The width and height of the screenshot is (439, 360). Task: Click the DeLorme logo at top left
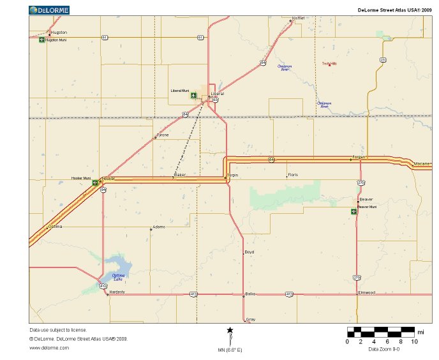point(49,10)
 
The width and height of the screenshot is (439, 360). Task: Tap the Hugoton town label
point(59,32)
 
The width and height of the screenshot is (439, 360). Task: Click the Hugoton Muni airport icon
point(42,40)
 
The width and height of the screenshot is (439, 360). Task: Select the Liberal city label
point(218,94)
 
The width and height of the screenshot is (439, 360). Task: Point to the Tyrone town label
point(163,135)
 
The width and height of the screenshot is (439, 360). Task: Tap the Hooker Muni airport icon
point(96,183)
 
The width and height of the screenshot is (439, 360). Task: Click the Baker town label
point(179,174)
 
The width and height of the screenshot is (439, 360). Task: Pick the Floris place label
point(293,174)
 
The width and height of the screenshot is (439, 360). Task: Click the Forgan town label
point(358,156)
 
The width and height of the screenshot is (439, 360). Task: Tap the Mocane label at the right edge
point(422,164)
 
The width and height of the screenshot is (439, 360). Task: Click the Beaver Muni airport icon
point(354,211)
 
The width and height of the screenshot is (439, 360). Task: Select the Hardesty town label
point(117,292)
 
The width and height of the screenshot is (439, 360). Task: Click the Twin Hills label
point(329,63)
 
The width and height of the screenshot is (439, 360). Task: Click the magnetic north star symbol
point(230,330)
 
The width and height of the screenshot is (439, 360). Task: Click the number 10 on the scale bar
point(415,341)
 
